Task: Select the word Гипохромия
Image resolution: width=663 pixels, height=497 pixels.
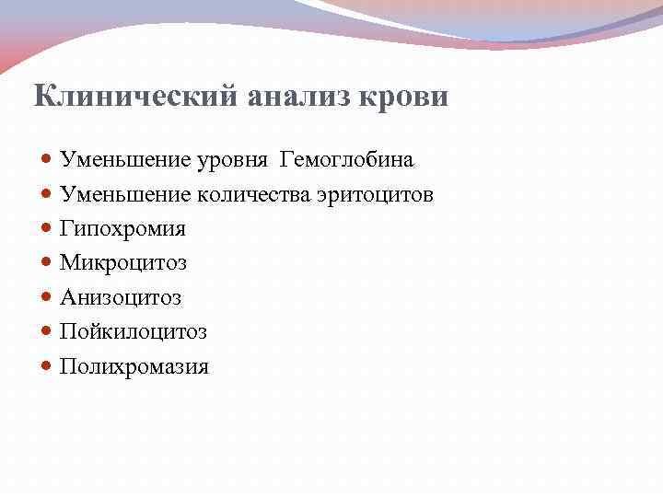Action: [x=122, y=229]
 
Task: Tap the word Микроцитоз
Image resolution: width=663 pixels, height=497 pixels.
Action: [x=122, y=263]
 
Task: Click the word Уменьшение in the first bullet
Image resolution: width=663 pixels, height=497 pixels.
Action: [x=125, y=161]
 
